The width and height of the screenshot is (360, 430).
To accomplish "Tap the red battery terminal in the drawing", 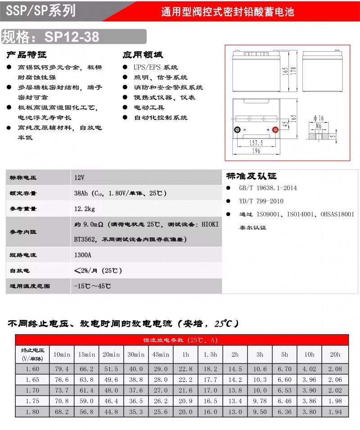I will [276, 130].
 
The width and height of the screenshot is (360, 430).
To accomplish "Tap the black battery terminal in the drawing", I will [237, 130].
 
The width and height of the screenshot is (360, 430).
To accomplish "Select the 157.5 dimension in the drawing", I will [256, 142].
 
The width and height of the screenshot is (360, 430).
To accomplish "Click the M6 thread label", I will [318, 127].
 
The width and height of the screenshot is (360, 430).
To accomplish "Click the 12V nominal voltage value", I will [80, 178].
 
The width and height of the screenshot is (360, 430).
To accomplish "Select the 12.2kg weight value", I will [85, 209].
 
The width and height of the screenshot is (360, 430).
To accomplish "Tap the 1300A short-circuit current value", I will [83, 255].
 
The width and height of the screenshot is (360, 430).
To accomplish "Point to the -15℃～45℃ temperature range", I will [92, 286].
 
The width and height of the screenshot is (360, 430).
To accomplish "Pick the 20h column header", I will [335, 354].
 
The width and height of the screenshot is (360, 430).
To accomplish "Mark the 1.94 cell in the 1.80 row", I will [335, 412].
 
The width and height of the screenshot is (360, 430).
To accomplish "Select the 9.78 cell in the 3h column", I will [260, 401].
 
